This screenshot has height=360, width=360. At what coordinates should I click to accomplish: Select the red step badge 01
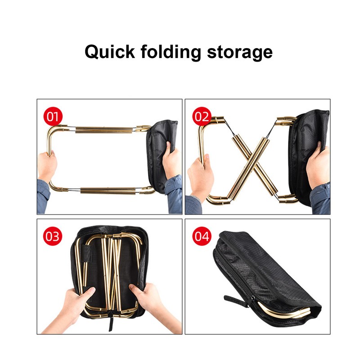(53, 117)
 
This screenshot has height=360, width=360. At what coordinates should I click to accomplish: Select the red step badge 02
(202, 117)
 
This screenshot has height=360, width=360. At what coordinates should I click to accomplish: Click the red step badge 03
(53, 237)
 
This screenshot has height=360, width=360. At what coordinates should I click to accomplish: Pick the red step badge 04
(202, 237)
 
